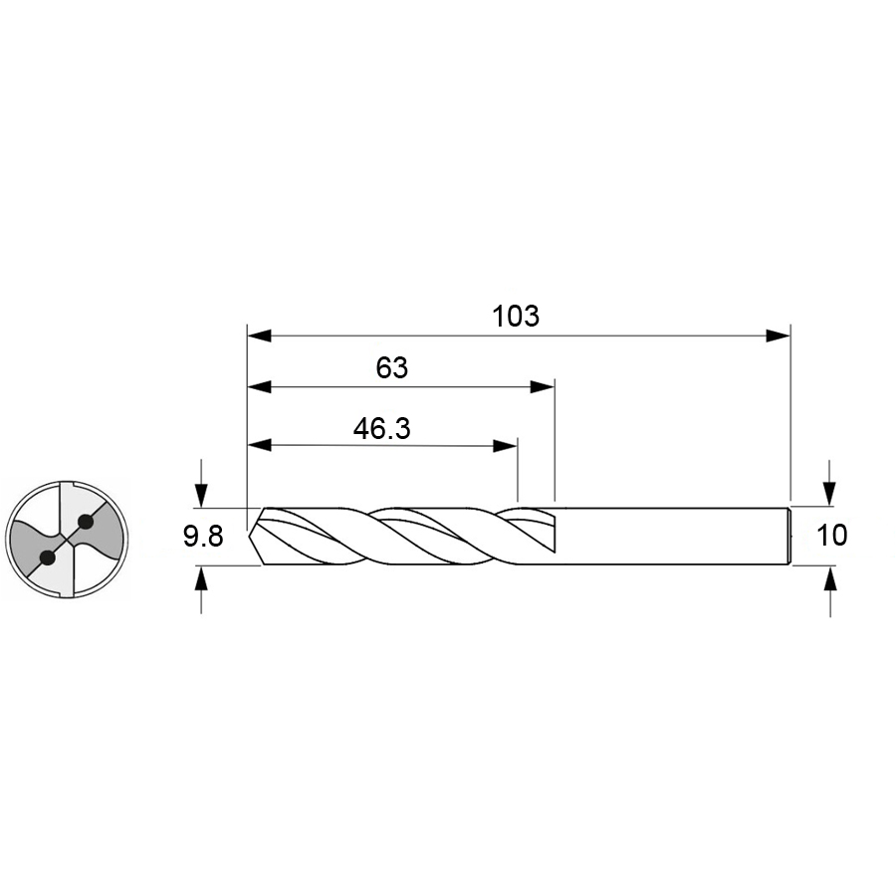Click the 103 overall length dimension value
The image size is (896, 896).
click(516, 316)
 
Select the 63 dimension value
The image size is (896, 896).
click(392, 368)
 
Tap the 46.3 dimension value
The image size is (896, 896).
click(381, 428)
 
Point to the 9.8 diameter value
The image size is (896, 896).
click(203, 537)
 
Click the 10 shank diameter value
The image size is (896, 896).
click(832, 536)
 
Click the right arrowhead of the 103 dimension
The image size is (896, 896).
click(779, 336)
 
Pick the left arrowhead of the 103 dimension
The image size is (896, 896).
click(260, 336)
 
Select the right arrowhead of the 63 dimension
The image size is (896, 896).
click(543, 387)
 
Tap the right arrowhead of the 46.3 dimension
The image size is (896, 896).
click(505, 446)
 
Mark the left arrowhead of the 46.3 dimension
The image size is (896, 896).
click(260, 446)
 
